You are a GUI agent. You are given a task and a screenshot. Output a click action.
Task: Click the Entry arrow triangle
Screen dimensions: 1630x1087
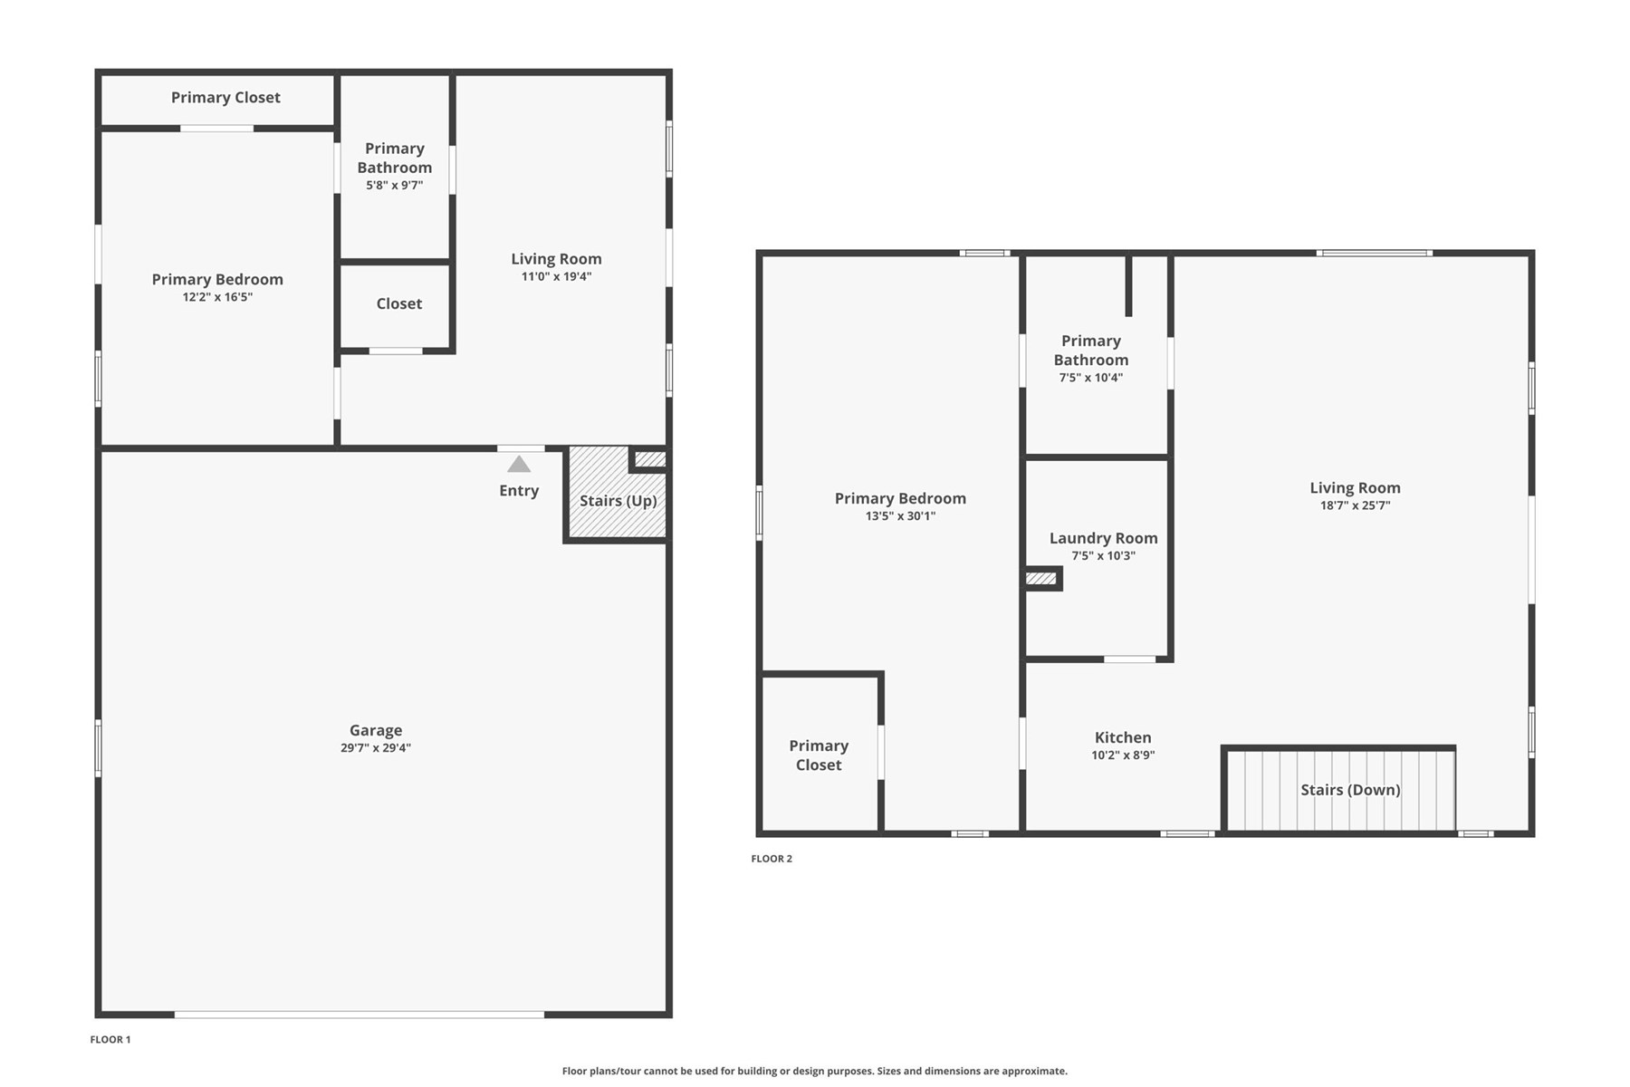click(519, 464)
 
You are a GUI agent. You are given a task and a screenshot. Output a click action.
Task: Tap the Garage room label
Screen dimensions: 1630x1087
click(376, 730)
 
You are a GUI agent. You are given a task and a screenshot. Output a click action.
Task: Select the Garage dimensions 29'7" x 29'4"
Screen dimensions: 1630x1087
click(376, 748)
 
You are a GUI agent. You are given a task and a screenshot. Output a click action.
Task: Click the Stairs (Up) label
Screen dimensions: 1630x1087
click(618, 501)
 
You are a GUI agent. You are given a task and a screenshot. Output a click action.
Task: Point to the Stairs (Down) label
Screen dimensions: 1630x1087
click(1350, 790)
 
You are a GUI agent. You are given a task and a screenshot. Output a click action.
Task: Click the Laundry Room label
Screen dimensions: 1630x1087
click(1104, 538)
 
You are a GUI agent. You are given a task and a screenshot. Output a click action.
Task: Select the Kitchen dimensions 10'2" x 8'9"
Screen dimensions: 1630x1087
click(1123, 755)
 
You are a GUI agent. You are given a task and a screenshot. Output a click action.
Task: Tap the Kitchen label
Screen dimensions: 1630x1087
click(1123, 737)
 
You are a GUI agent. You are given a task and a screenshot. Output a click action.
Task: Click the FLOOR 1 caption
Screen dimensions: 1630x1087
click(110, 1040)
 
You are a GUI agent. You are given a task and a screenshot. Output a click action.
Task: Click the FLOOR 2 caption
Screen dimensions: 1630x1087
click(772, 859)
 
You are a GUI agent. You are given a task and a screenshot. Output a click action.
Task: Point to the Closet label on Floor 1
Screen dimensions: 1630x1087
click(399, 303)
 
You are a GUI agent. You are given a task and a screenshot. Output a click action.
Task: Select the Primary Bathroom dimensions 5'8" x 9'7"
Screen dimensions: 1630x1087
click(395, 186)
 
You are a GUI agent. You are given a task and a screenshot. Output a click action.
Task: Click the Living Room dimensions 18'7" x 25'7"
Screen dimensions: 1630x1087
click(1355, 506)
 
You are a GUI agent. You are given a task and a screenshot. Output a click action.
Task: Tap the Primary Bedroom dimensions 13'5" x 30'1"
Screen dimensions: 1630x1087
click(900, 516)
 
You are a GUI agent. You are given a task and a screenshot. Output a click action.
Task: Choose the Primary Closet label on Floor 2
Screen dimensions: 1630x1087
click(819, 755)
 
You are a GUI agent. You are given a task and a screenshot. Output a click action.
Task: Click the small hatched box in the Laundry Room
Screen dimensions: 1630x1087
click(1041, 578)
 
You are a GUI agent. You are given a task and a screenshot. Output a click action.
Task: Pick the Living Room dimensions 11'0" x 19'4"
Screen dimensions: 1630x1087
click(556, 277)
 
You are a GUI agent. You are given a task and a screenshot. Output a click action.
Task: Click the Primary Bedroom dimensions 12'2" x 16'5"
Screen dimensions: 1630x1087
click(217, 297)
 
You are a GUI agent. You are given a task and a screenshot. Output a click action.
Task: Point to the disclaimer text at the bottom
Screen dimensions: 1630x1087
click(815, 1071)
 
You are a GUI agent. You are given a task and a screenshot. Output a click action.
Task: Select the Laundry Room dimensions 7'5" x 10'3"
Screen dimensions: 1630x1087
click(1104, 556)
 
